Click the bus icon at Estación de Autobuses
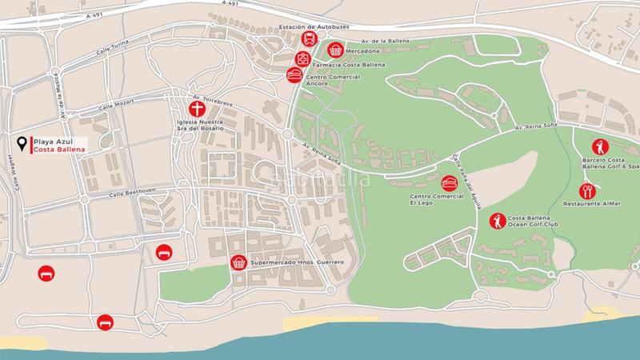tap(307, 41)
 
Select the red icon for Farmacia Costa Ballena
tap(303, 58)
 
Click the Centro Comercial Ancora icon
tap(294, 74)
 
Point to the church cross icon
tap(196, 110)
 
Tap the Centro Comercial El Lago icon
tap(450, 183)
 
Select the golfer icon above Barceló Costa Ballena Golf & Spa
tap(599, 146)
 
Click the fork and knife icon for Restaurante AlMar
tap(588, 191)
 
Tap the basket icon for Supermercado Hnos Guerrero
tap(238, 262)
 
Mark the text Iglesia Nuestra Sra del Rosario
tap(199, 126)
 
